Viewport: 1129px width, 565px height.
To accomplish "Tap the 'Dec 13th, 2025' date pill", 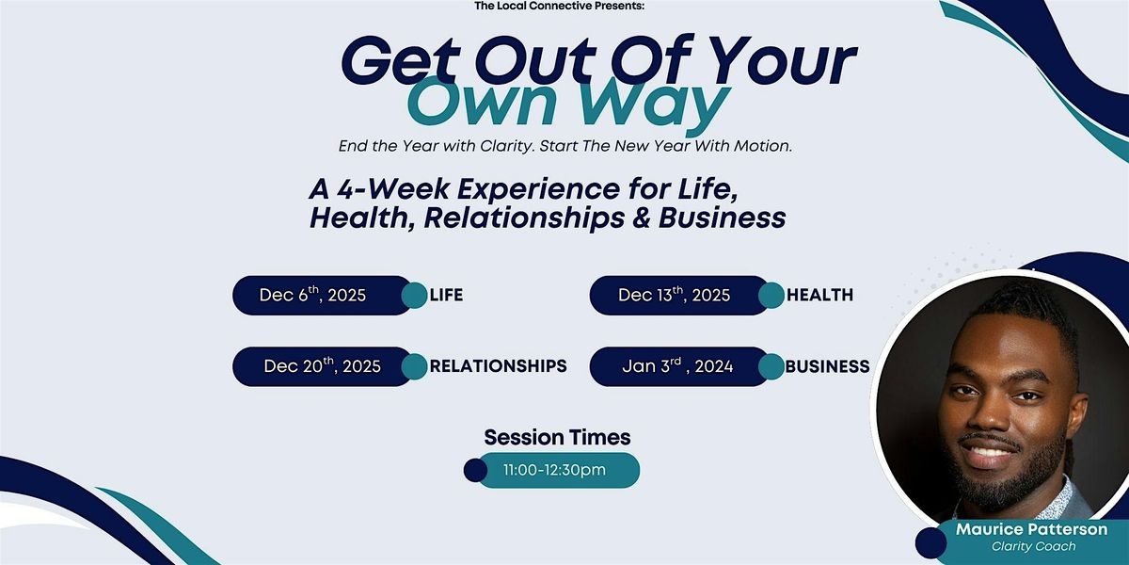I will [674, 296].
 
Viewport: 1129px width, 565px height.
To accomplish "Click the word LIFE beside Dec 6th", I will [446, 296].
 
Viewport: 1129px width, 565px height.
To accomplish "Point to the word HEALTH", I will [819, 296].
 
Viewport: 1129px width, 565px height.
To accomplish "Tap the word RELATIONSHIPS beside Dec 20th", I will [498, 366].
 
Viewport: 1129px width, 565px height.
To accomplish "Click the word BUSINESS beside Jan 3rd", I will [827, 366].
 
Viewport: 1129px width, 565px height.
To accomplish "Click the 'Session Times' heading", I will [557, 437].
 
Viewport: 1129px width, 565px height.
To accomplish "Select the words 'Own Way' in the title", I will [571, 105].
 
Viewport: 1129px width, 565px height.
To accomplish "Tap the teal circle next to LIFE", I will [414, 296].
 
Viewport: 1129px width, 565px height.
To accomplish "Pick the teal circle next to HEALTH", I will [771, 296].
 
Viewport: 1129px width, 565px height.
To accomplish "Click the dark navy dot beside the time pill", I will [476, 470].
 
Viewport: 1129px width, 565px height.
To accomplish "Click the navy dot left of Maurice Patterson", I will [930, 542].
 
